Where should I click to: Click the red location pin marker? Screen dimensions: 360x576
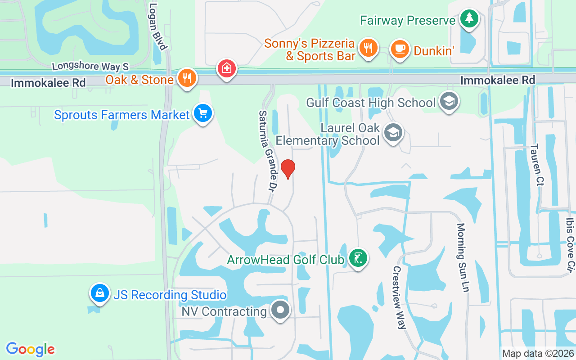288,169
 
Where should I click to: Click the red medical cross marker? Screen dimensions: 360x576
227,68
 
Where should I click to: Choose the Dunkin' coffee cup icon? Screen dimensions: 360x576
399,49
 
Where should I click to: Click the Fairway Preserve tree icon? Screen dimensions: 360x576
469,18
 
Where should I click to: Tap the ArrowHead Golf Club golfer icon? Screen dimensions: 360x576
358,258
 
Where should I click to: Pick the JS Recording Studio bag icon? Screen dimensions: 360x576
99,293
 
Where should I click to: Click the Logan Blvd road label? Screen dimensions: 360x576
158,27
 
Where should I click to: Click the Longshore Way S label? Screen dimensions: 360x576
90,66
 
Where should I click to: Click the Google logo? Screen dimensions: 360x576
31,349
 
